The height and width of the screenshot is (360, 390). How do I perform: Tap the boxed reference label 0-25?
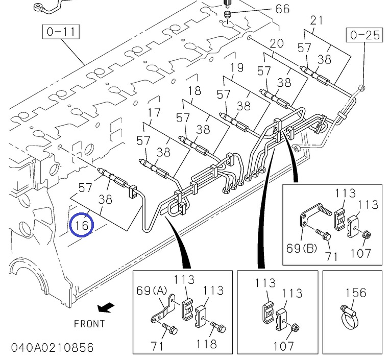(x=365, y=35)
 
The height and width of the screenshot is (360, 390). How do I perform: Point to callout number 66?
(x=282, y=9)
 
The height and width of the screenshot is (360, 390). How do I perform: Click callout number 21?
(x=317, y=21)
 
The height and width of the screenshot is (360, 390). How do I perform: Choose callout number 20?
(x=276, y=43)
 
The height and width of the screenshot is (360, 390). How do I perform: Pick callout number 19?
(x=236, y=67)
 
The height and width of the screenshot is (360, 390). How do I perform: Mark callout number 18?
(x=194, y=91)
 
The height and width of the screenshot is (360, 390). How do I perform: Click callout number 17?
(x=154, y=113)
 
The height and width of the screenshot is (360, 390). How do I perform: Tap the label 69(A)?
(x=152, y=291)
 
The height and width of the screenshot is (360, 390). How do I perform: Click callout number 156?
(x=356, y=293)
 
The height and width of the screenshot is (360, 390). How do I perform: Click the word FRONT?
(x=89, y=324)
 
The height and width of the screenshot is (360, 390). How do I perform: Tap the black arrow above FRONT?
(x=106, y=307)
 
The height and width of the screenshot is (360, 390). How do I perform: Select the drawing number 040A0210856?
(x=47, y=348)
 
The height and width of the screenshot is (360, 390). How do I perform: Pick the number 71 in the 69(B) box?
(x=331, y=256)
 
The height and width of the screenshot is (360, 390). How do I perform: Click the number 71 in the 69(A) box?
(x=157, y=346)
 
